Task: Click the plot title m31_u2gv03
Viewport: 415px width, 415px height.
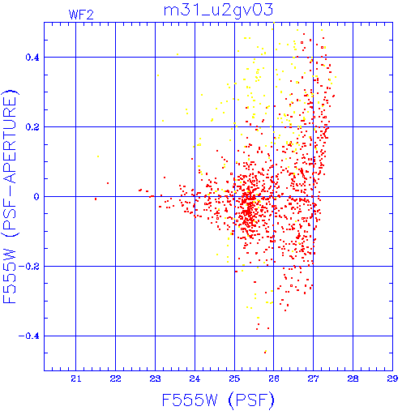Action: [218, 11]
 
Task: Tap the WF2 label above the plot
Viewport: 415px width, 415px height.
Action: [81, 15]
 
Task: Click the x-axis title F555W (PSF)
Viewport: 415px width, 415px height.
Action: [218, 400]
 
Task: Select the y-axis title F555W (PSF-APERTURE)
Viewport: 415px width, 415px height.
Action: [10, 197]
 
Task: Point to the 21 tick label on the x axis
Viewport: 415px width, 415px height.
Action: [76, 379]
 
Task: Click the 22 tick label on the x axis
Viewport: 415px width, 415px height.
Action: [115, 379]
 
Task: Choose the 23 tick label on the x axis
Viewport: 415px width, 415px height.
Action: [155, 379]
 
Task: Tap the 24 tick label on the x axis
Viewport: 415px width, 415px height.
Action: [195, 379]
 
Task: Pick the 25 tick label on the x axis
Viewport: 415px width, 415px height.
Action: [234, 379]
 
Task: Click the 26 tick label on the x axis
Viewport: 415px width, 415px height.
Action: [274, 379]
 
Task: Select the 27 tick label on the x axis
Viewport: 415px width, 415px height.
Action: [314, 379]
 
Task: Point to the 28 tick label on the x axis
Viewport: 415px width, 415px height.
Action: [353, 379]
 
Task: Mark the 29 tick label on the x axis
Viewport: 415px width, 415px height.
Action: [392, 379]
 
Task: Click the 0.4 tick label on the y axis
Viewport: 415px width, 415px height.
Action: [32, 58]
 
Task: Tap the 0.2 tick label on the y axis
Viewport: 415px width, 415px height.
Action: [32, 127]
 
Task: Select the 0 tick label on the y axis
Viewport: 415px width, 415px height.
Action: [36, 197]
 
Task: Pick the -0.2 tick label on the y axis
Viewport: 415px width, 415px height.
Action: [29, 267]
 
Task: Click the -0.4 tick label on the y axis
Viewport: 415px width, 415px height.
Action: [29, 336]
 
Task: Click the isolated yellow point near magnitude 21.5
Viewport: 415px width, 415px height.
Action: [98, 156]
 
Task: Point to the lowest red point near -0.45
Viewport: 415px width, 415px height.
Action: [265, 353]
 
